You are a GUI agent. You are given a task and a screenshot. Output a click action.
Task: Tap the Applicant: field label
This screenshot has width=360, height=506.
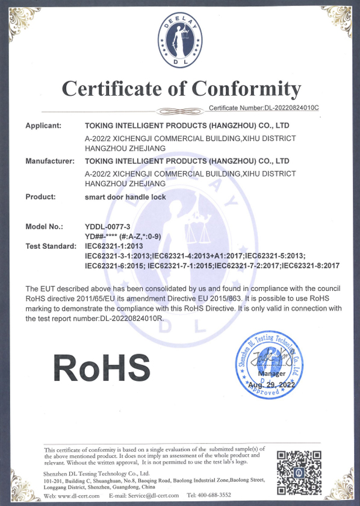pos(43,125)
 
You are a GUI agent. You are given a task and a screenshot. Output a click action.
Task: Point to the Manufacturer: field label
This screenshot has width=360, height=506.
pos(50,161)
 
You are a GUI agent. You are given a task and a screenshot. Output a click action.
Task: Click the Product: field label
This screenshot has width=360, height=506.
pos(40,196)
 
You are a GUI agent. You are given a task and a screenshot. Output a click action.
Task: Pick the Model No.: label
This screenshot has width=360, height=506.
pos(44,226)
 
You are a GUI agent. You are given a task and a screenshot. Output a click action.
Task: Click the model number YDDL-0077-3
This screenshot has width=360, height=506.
pos(108,226)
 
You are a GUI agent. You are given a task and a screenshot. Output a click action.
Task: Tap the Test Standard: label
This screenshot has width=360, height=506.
pos(51,246)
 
